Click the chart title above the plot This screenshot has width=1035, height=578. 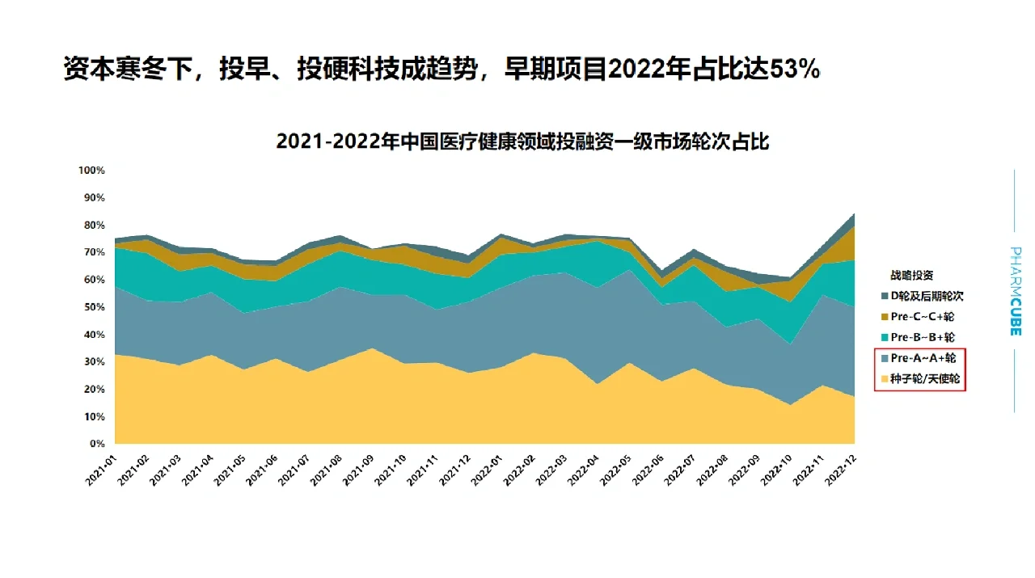coord(522,141)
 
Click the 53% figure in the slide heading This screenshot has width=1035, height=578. coord(795,70)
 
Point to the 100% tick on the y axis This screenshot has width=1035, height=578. coord(91,171)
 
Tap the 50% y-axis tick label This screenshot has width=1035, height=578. coord(94,307)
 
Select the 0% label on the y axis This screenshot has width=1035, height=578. coord(97,444)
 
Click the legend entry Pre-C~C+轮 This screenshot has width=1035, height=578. coord(922,317)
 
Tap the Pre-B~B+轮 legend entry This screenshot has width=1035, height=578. coord(922,337)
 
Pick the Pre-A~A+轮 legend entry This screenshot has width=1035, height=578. coord(923,358)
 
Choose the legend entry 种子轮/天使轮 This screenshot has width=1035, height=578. coord(925,378)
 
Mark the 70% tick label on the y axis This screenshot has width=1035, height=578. coord(94,252)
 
